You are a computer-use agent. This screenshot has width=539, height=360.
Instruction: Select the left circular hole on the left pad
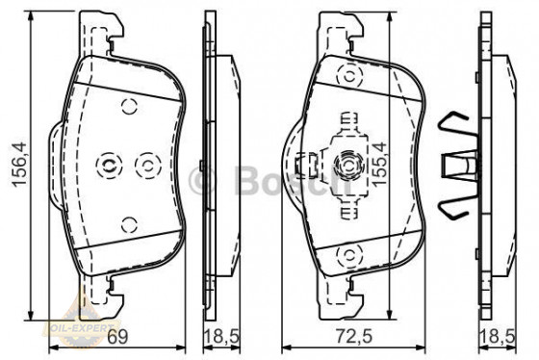(x=109, y=167)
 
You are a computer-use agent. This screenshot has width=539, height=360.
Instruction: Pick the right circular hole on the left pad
(x=146, y=165)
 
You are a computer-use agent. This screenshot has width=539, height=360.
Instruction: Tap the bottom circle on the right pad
(x=346, y=254)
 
